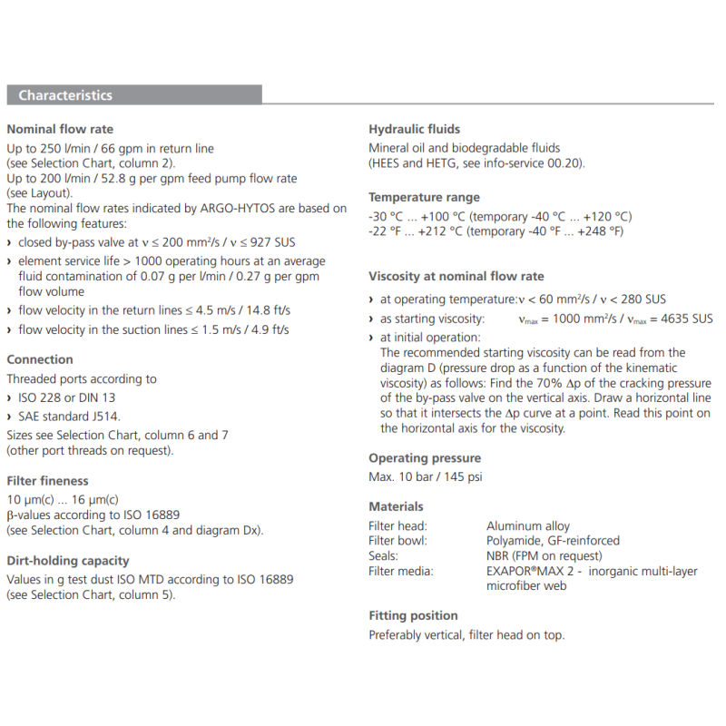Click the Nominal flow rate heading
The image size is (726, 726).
60,129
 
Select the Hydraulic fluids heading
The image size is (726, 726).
414,129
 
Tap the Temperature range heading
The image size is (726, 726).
424,197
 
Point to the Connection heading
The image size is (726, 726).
40,359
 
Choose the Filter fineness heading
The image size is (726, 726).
47,480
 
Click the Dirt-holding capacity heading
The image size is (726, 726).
68,561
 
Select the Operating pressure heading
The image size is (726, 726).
425,458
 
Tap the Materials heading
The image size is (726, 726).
396,506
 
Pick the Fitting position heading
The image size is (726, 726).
413,615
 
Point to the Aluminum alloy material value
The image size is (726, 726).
528,525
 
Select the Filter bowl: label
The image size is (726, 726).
397,541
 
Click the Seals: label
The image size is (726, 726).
383,555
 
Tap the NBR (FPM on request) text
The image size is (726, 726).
544,555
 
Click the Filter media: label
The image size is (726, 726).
400,571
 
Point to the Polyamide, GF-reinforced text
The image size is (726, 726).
553,541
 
